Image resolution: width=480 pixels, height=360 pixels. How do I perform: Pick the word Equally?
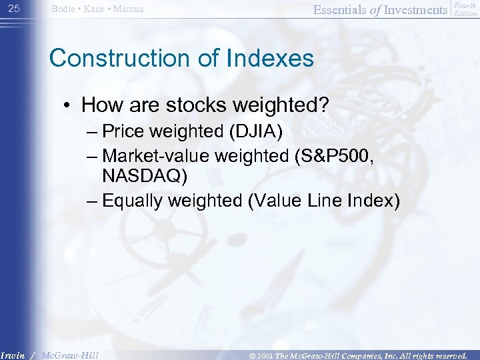pos(139,201)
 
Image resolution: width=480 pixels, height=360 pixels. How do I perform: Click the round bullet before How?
pos(68,105)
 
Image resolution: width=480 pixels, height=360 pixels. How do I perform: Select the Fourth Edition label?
pos(465,9)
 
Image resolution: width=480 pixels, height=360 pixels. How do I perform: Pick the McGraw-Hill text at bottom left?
pos(69,355)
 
